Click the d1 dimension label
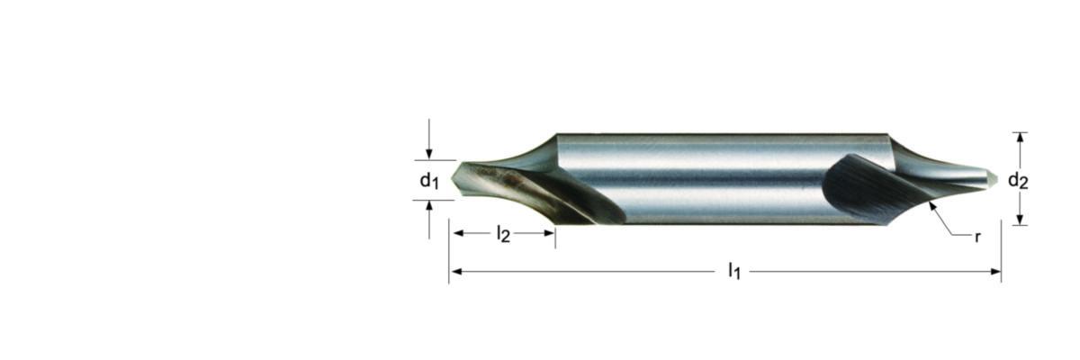(x=429, y=181)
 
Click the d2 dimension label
(x=1018, y=181)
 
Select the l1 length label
(x=733, y=271)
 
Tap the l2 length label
(x=503, y=234)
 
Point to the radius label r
(x=977, y=237)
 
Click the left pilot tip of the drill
(x=452, y=179)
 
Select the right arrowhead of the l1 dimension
(x=995, y=272)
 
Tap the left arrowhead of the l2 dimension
(x=458, y=233)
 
